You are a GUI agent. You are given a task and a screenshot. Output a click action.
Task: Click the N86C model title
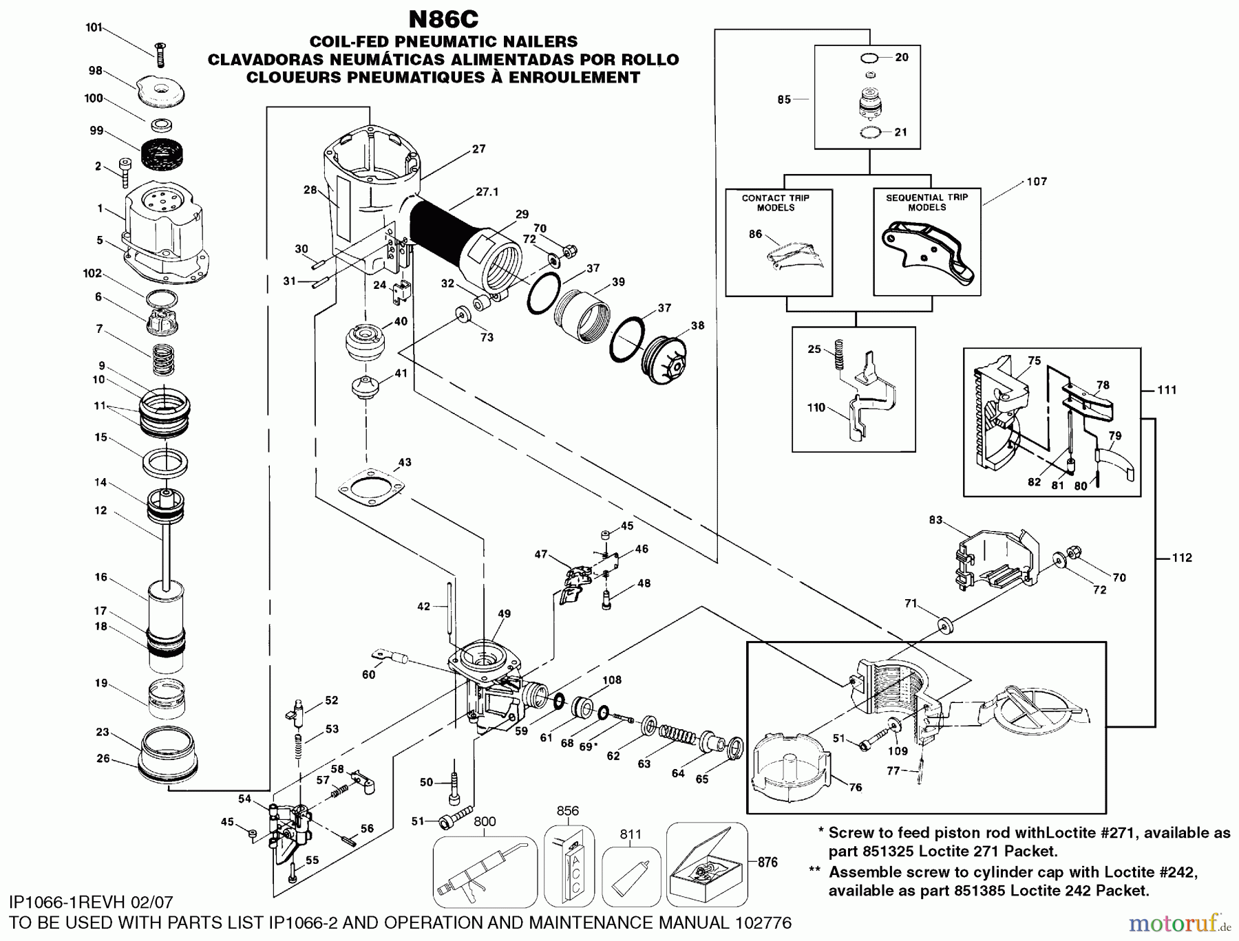pos(443,19)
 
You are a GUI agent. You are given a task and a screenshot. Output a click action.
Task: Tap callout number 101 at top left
pos(94,28)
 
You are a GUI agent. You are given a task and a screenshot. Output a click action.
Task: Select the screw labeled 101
pos(160,53)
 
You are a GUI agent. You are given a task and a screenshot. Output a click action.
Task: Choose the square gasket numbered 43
pos(372,490)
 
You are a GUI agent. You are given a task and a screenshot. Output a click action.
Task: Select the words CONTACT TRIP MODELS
pos(776,203)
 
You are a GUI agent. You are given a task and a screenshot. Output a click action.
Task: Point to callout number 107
pos(1037,182)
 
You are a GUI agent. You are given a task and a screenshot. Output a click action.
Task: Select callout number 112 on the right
pos(1181,558)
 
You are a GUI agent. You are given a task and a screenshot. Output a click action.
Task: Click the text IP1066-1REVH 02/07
pos(92,902)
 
